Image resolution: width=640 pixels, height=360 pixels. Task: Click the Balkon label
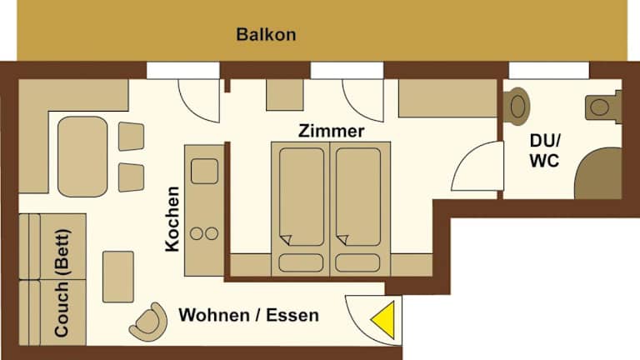pos(266,34)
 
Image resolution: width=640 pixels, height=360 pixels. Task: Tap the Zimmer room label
pos(331,131)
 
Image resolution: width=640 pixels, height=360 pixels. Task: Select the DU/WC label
pos(545,151)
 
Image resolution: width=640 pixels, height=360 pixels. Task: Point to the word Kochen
pos(172,219)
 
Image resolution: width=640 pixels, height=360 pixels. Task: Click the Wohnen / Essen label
pos(249,315)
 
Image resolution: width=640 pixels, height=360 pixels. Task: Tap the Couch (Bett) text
pos(62,282)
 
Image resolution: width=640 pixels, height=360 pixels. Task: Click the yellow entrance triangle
pos(383,320)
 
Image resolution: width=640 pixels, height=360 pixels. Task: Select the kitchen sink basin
pos(204,171)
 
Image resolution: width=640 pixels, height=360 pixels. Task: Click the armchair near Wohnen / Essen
pos(148,322)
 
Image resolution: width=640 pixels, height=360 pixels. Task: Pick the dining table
pos(82,157)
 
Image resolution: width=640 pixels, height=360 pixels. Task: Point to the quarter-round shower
pos(598,173)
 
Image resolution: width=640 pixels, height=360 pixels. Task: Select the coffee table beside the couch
pos(118,277)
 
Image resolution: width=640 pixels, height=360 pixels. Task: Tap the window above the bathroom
pos(549,71)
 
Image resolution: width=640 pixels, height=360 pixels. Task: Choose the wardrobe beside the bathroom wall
pos(447,98)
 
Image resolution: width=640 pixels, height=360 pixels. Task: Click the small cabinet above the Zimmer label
pos(285,95)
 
